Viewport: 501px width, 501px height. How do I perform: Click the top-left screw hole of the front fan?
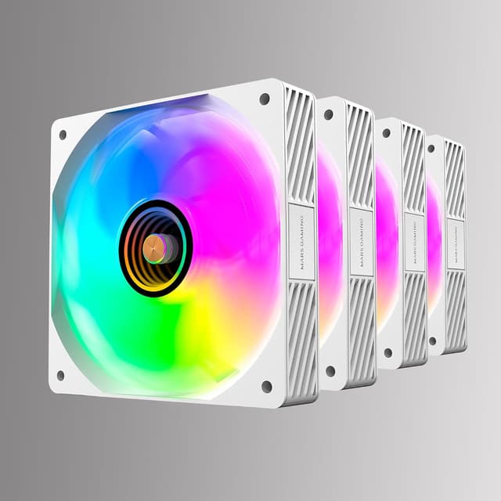point(63,134)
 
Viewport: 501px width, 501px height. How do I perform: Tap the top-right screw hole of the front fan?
point(265,99)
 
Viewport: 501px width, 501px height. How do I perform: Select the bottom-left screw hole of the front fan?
point(60,375)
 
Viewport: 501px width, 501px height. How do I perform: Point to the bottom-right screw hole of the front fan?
point(266,385)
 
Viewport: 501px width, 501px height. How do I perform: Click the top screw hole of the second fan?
point(328,114)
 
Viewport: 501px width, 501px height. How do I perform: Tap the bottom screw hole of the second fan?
point(330,370)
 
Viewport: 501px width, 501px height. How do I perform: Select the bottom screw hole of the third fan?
point(387,353)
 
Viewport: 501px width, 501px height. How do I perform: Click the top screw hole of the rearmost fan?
point(431,147)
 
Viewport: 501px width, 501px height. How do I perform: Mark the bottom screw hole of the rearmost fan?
point(432,341)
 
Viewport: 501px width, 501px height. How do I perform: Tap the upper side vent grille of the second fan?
point(360,157)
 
